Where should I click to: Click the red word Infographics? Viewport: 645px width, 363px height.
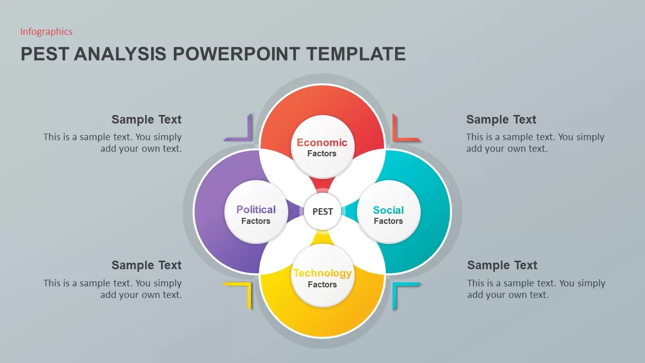[46, 31]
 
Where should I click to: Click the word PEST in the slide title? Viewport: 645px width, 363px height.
[45, 54]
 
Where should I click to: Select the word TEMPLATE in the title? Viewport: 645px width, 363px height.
[356, 54]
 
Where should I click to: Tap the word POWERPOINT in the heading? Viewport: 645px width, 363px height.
[236, 54]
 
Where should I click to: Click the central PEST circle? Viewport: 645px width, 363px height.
[322, 211]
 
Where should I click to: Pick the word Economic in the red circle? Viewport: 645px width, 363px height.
[322, 142]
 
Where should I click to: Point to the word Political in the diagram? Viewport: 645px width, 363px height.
[256, 209]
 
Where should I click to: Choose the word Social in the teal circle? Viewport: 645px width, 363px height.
[389, 210]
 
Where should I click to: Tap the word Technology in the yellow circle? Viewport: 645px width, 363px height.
[322, 273]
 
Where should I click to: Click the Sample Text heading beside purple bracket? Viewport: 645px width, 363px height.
[147, 119]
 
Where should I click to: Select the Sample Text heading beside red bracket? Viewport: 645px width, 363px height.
[501, 119]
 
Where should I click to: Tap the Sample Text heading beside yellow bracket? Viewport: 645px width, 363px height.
[147, 265]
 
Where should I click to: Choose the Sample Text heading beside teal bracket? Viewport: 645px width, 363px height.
[502, 265]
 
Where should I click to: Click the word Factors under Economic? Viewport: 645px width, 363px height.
[322, 154]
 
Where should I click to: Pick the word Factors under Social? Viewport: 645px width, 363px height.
[389, 221]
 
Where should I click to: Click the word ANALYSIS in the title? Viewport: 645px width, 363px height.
[120, 54]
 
